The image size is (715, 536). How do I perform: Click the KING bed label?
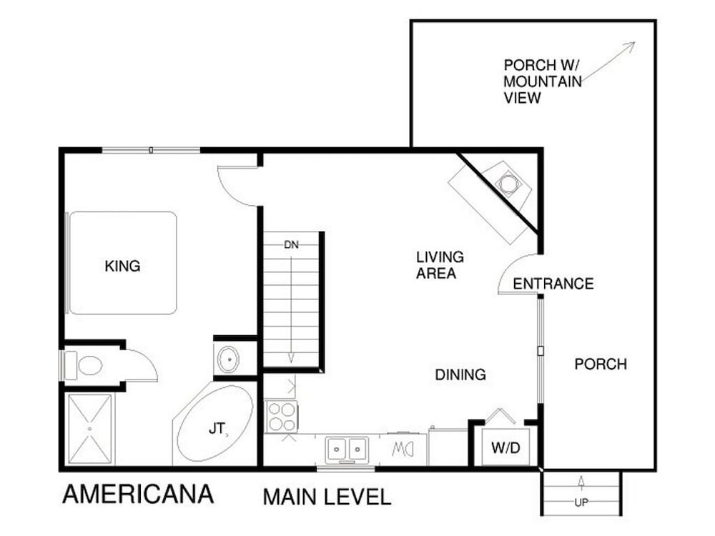(122, 266)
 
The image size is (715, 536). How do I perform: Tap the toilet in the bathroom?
(84, 365)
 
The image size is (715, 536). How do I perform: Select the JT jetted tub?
(214, 423)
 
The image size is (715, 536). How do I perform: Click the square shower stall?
(90, 429)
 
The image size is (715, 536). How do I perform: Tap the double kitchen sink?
(347, 449)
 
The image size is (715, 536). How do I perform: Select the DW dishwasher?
(403, 450)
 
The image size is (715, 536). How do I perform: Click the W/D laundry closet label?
(506, 447)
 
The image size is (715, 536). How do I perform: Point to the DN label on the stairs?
(292, 244)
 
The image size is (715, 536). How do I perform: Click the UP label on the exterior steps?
(581, 502)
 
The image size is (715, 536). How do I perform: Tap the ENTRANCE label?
(553, 284)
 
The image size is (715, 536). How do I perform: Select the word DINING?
(460, 374)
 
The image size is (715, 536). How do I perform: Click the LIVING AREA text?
(440, 265)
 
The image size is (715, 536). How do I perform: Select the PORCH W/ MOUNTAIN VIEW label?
(543, 81)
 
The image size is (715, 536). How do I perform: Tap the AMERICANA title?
(138, 495)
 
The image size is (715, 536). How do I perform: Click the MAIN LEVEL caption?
(327, 497)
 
